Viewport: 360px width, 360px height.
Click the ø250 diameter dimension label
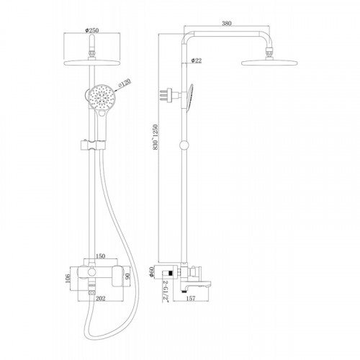pos(92,30)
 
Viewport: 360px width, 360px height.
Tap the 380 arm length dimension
pos(227,23)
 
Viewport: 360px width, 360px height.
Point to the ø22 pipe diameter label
pos(197,60)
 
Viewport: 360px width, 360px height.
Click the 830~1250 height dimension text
pos(156,138)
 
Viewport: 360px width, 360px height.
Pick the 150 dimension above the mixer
pos(100,256)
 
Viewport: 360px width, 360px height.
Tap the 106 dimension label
pos(68,279)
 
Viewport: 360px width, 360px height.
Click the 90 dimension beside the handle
pos(127,278)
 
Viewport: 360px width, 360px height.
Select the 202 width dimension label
pos(101,298)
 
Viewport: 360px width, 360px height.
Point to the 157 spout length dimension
pos(191,298)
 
